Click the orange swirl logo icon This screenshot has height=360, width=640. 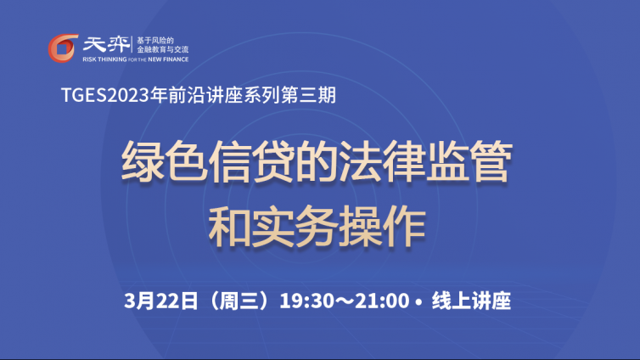[x=63, y=48]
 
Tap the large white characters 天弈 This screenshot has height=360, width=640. [x=106, y=44]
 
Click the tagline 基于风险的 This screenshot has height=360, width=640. [x=155, y=41]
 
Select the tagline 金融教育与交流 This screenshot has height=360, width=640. [x=162, y=49]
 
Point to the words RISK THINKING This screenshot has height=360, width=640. [x=104, y=59]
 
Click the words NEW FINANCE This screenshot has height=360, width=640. [x=168, y=59]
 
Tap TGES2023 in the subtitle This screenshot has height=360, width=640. [x=105, y=95]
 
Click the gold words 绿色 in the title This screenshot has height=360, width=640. [x=165, y=161]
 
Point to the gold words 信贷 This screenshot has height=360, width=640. [x=252, y=161]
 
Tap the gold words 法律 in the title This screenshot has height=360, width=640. [x=382, y=161]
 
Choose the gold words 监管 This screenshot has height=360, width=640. [x=469, y=161]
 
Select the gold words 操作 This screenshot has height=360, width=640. [x=382, y=226]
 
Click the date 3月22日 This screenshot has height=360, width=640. [x=160, y=301]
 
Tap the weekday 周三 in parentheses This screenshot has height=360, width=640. [x=239, y=301]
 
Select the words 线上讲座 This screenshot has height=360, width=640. [x=471, y=301]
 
